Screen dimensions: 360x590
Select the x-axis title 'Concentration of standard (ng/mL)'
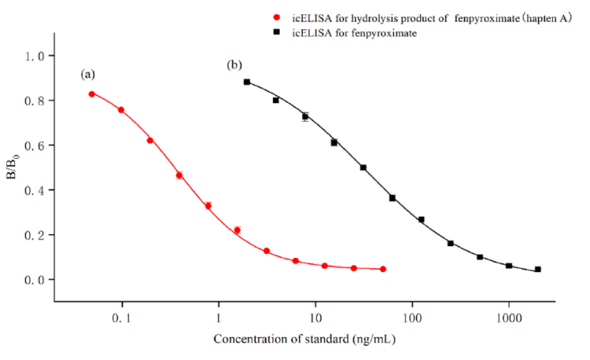[304, 340]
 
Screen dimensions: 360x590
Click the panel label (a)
[88, 74]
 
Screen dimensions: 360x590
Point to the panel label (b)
[234, 64]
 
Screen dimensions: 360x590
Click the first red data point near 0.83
[92, 94]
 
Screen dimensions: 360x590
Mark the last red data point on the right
[383, 269]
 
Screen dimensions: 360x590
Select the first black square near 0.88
[247, 81]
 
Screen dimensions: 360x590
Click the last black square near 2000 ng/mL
[538, 269]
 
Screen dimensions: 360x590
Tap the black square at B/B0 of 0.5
[363, 168]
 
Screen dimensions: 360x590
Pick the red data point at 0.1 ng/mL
[121, 110]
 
